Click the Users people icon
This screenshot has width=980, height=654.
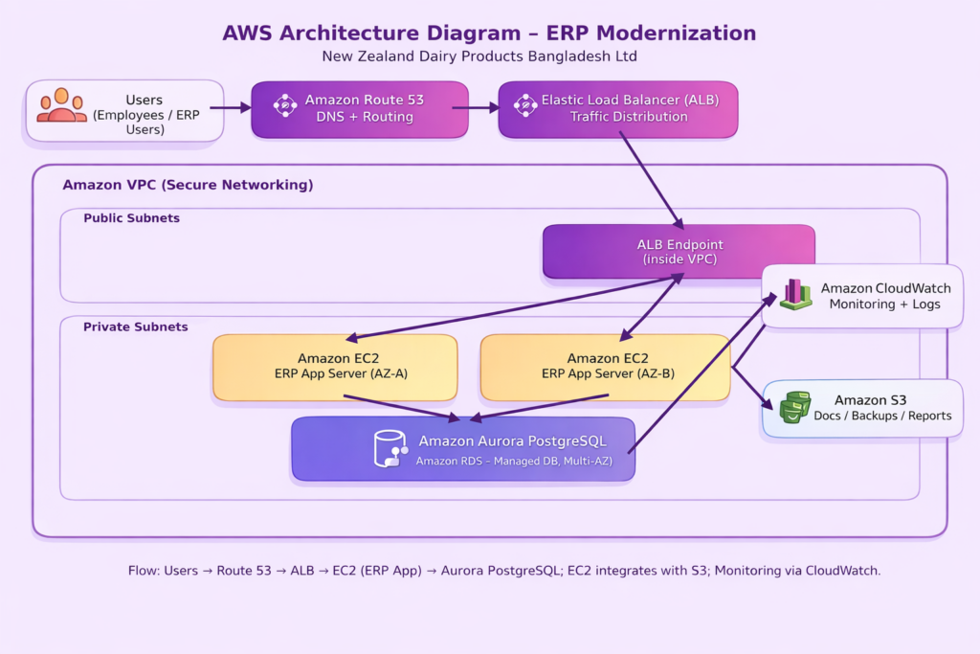[61, 105]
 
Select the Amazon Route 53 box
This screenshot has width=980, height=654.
[360, 109]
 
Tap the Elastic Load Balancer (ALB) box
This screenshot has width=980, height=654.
[618, 109]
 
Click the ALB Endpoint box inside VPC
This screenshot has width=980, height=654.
[679, 252]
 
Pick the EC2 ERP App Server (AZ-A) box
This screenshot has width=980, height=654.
[335, 367]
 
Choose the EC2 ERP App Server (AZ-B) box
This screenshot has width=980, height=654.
[605, 367]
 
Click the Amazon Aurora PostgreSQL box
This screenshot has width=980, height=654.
[463, 448]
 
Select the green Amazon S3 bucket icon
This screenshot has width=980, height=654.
[794, 407]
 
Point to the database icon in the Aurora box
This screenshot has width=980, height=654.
[390, 448]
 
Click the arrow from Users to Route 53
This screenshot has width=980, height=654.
[230, 108]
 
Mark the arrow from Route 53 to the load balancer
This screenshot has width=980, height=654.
[476, 108]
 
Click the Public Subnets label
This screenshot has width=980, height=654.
[131, 218]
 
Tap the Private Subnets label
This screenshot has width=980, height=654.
[135, 327]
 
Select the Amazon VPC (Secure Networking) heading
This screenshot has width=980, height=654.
[188, 185]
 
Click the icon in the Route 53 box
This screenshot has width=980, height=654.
[285, 105]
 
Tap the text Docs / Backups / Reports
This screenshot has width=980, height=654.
[882, 416]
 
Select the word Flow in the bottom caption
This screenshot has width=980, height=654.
[144, 571]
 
